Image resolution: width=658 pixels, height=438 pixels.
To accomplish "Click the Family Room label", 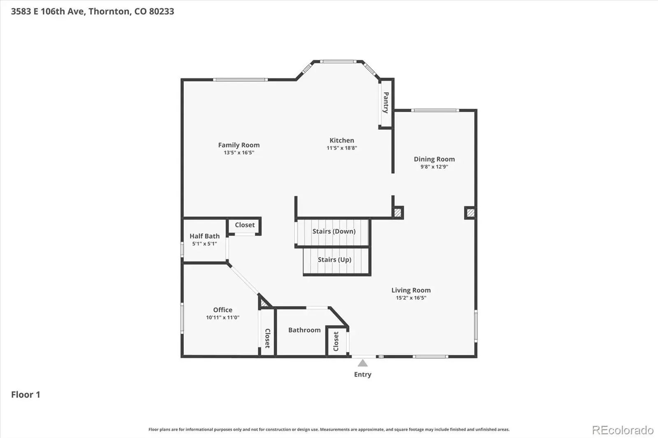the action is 239,145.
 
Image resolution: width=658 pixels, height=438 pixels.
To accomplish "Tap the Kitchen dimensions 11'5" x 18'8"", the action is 342,148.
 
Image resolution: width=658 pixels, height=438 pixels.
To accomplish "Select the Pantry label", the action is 386,102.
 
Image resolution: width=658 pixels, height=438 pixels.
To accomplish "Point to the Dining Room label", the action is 434,159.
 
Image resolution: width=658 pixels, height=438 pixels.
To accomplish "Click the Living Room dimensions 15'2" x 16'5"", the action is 411,297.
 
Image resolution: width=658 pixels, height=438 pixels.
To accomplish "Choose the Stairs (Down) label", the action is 334,231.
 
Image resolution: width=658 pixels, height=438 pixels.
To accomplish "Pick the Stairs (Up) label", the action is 335,260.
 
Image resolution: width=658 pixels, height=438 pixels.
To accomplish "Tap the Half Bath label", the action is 204,236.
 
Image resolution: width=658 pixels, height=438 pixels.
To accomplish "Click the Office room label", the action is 222,310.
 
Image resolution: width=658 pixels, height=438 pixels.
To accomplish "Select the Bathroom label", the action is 304,330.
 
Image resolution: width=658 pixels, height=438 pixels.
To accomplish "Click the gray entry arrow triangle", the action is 362,364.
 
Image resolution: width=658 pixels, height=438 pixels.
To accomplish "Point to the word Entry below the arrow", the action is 363,375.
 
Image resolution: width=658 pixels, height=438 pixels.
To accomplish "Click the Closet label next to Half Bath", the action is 245,225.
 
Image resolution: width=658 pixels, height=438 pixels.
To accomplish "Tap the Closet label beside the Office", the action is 268,338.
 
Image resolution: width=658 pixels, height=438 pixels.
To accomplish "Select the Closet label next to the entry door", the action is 336,341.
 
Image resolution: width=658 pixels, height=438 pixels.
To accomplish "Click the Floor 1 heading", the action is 25,394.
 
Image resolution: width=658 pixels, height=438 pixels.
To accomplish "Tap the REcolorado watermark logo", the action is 623,430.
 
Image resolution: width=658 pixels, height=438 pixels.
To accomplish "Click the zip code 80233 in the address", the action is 162,11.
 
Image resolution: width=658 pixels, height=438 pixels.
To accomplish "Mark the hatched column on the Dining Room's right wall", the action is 470,213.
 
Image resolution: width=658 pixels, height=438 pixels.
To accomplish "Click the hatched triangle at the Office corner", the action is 264,302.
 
